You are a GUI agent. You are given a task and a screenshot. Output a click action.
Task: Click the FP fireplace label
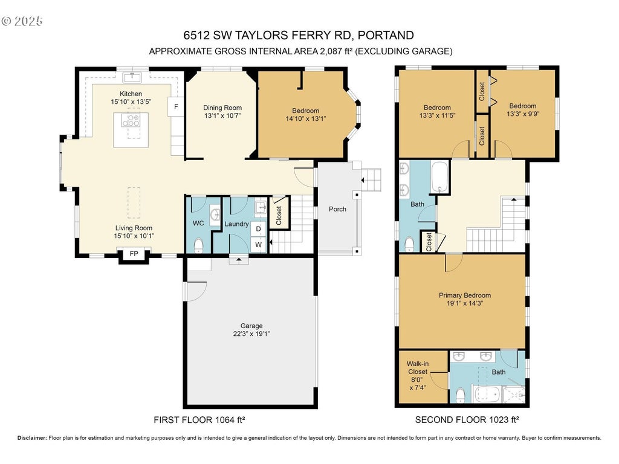click(x=134, y=254)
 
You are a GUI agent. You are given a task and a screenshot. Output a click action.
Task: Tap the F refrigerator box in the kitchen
click(x=176, y=106)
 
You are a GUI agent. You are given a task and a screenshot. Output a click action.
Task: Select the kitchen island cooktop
click(x=131, y=120)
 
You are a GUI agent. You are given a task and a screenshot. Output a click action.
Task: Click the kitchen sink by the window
click(x=132, y=77)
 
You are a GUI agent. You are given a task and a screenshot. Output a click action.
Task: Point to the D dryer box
click(x=259, y=229)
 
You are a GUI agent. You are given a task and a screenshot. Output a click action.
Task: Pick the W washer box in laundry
click(x=259, y=245)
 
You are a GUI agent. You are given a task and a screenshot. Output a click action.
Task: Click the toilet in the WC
click(x=198, y=245)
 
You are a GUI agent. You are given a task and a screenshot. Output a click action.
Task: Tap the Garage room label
click(x=251, y=326)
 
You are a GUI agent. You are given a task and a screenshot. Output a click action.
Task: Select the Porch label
click(x=337, y=209)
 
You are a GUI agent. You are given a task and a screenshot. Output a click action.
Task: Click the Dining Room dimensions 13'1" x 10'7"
click(x=222, y=115)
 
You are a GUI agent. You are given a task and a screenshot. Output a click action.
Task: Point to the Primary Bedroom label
click(x=465, y=295)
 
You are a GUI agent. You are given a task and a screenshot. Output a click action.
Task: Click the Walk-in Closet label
click(x=418, y=368)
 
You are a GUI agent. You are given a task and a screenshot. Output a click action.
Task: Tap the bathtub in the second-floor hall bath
click(x=441, y=177)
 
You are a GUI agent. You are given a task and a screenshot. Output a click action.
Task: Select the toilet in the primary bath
click(x=460, y=396)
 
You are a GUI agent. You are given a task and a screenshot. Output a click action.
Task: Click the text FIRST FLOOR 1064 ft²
click(x=199, y=420)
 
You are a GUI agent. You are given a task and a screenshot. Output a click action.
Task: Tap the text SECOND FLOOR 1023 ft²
click(x=467, y=420)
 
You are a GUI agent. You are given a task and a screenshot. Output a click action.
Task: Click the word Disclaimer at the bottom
click(x=32, y=438)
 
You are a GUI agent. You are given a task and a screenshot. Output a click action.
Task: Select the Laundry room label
click(x=236, y=224)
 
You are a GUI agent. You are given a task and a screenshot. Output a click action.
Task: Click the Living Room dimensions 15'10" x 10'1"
click(x=134, y=236)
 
